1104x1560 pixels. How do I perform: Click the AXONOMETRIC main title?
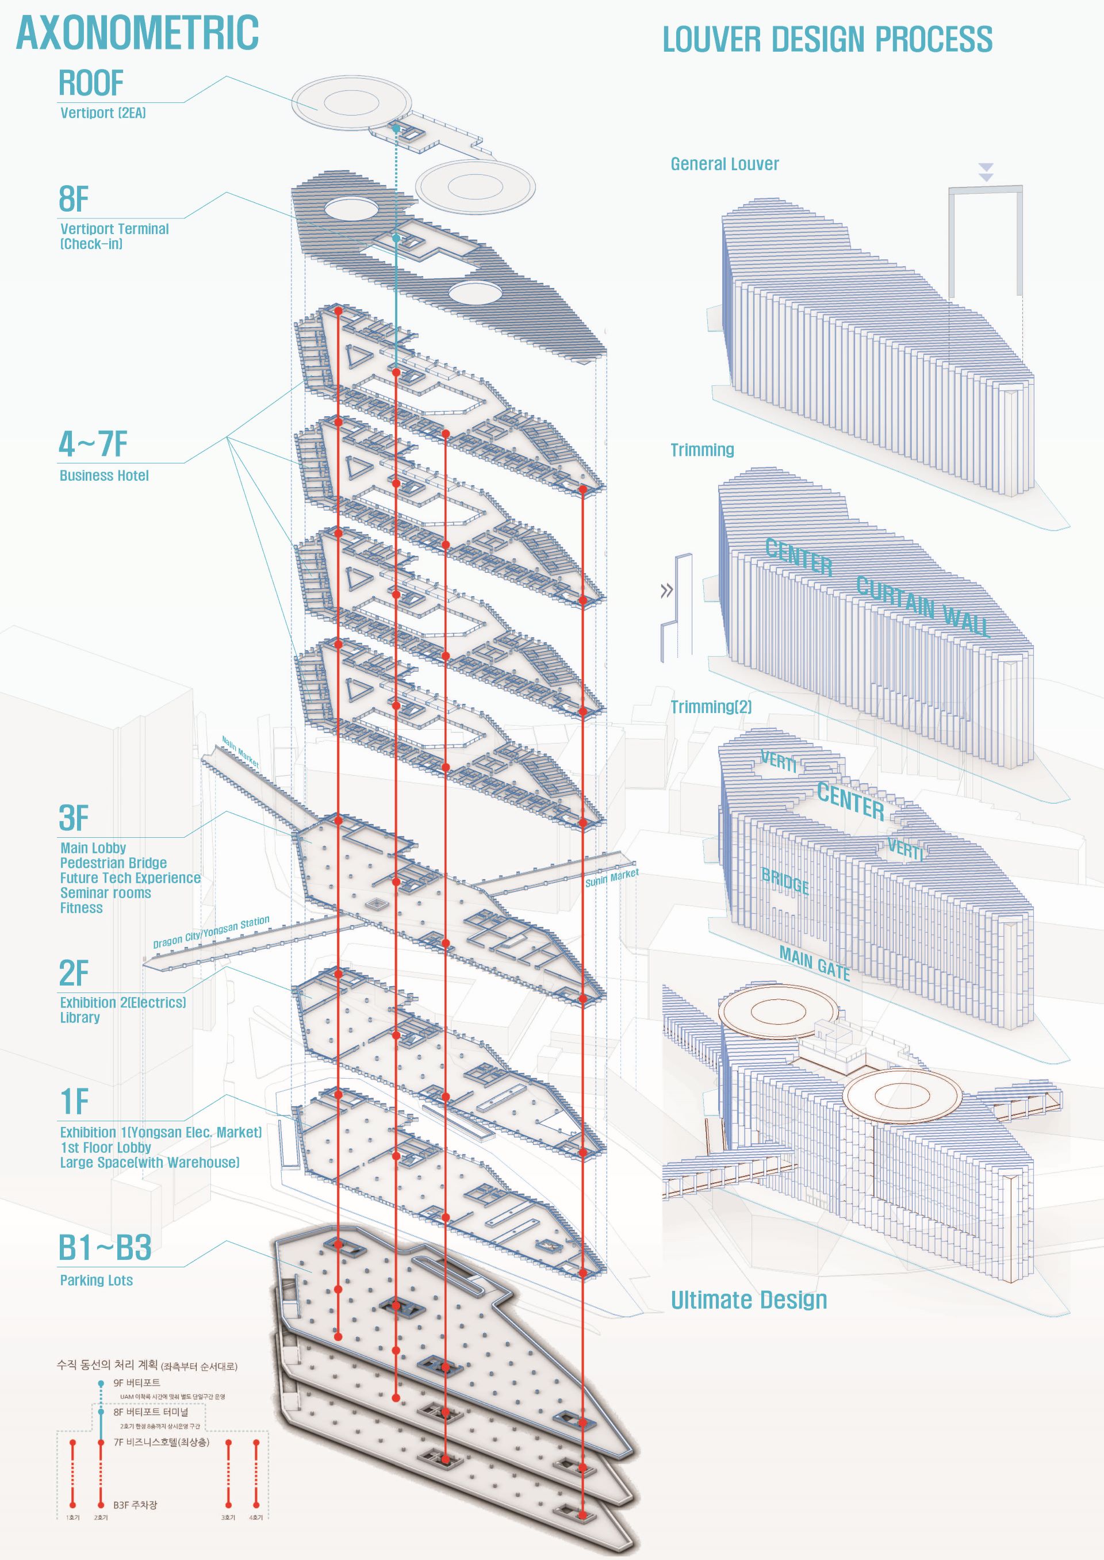[x=137, y=33]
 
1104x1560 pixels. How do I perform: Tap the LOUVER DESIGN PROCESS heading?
[x=827, y=40]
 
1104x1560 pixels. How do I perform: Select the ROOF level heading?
[x=91, y=83]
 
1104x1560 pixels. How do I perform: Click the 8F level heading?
[x=74, y=199]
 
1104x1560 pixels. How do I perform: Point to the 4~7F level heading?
[x=93, y=444]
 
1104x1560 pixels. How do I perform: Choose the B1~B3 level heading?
[x=105, y=1247]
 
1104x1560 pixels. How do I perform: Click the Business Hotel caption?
[x=104, y=476]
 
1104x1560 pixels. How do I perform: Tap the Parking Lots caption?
[x=97, y=1281]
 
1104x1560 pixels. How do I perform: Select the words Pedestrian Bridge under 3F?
[x=113, y=863]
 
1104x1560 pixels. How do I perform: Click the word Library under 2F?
[x=80, y=1018]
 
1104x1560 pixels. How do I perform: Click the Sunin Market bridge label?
[x=612, y=877]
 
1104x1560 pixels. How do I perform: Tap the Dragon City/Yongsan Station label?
[x=212, y=932]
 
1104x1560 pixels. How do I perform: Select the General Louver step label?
[x=724, y=164]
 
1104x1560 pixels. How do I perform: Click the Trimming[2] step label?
[x=711, y=707]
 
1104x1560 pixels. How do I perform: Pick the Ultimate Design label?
[x=749, y=1300]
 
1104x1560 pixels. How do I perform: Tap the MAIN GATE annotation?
[x=814, y=963]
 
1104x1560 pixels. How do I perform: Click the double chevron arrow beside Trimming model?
[x=667, y=591]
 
